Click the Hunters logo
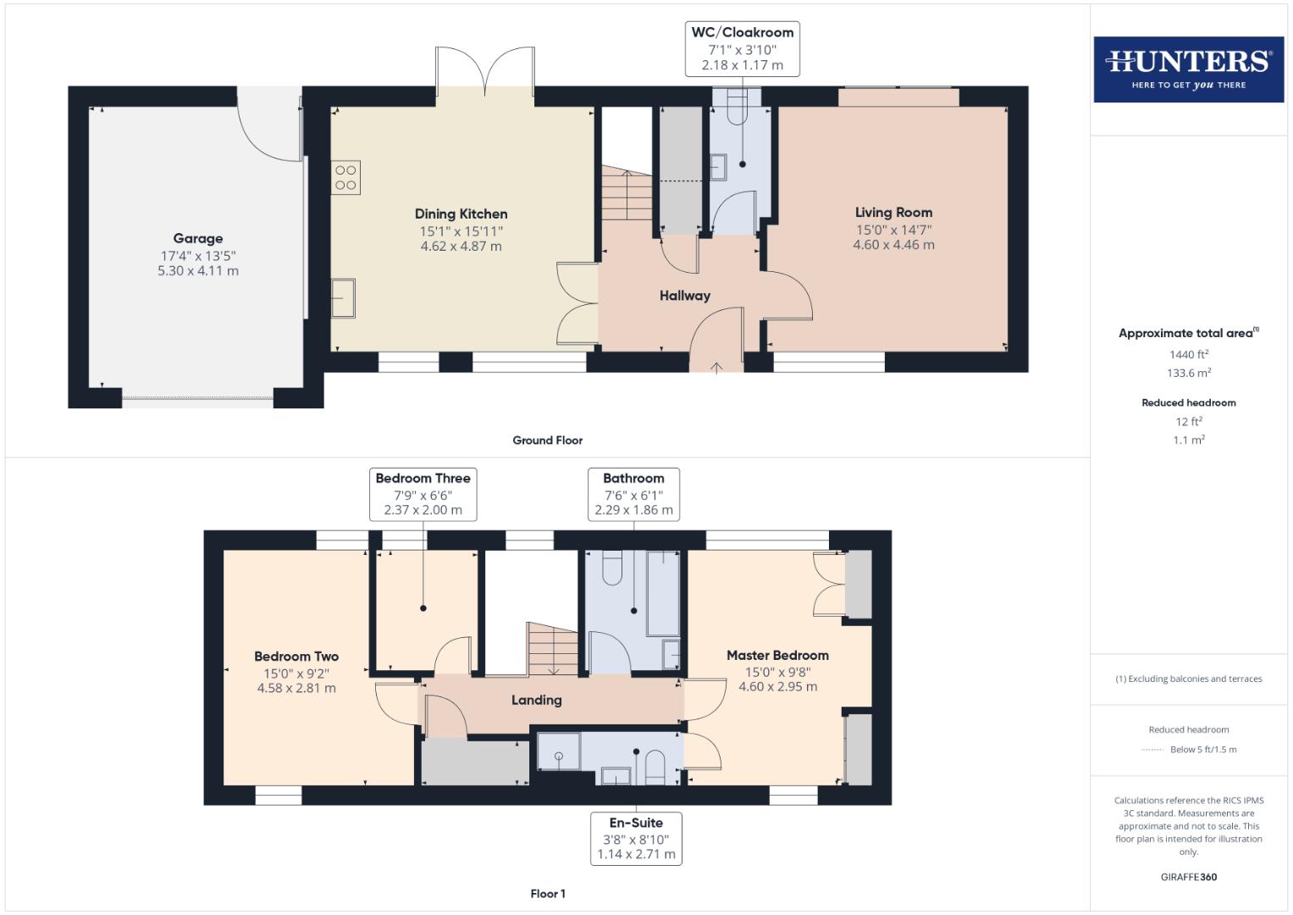pos(1188,69)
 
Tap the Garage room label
pos(198,239)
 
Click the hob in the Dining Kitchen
pos(345,178)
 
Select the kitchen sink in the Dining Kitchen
pos(343,298)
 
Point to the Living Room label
pos(893,213)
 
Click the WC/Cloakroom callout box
pos(742,48)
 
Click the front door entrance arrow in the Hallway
pos(716,367)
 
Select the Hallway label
pos(684,296)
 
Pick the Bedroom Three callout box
pos(423,494)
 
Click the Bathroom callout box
pos(633,494)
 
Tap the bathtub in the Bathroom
pos(663,593)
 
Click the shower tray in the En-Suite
pos(559,752)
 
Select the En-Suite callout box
pos(636,838)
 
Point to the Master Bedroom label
pos(777,655)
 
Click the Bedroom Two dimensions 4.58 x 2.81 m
pos(296,689)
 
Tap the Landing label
pos(536,700)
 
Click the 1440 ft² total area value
pos(1188,355)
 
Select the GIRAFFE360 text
pos(1188,877)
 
